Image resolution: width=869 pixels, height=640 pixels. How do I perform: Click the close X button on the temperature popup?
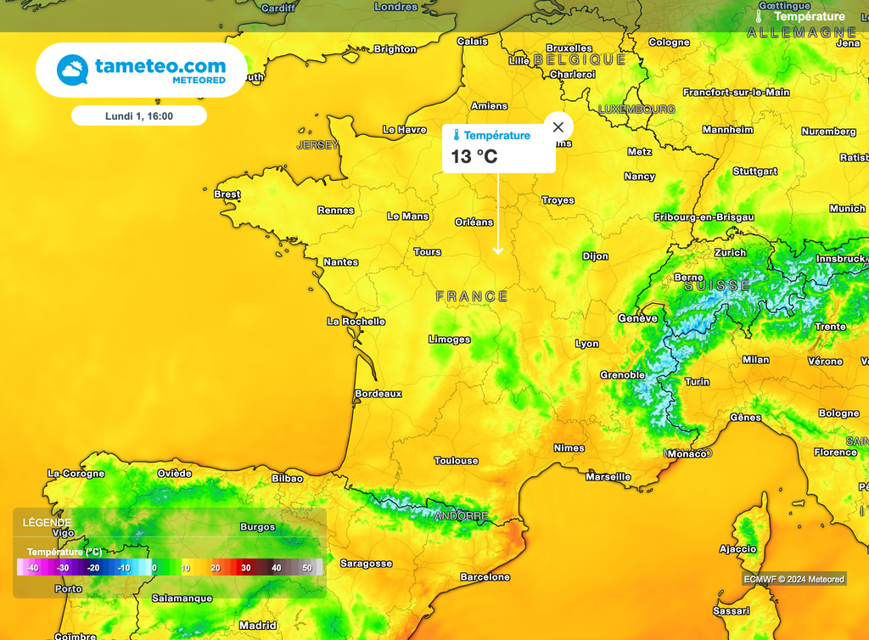tap(558, 127)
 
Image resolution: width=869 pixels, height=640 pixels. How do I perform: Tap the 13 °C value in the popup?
tap(474, 156)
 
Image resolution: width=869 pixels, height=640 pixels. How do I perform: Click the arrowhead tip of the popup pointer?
tap(498, 252)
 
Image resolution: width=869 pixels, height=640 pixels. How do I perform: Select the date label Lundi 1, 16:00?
tap(138, 115)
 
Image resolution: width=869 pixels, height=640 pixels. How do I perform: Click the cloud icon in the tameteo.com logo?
tap(72, 70)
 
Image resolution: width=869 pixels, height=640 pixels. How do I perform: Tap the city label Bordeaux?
tap(378, 394)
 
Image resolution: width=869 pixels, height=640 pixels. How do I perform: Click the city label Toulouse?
tap(457, 461)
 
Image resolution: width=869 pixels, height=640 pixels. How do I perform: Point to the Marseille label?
tap(608, 477)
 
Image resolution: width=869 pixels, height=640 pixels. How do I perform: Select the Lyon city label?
tap(586, 344)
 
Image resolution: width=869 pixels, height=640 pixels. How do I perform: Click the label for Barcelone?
tap(485, 577)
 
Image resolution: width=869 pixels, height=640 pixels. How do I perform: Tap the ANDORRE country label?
tap(461, 516)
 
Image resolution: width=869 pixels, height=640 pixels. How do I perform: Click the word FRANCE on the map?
tap(472, 296)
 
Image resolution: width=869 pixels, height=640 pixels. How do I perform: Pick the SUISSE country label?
tap(717, 286)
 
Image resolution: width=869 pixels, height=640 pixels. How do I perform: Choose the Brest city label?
tap(227, 194)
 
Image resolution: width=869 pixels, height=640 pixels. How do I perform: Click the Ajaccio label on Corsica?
tap(737, 549)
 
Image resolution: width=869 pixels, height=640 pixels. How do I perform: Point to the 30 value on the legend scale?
tap(245, 568)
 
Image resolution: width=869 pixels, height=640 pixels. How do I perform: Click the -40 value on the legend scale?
tap(31, 568)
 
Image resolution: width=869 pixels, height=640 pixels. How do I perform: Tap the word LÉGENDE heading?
tap(48, 523)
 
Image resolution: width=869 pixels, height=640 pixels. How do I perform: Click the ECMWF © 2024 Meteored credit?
tap(793, 579)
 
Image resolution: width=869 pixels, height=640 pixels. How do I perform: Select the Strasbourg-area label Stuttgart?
tap(754, 171)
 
